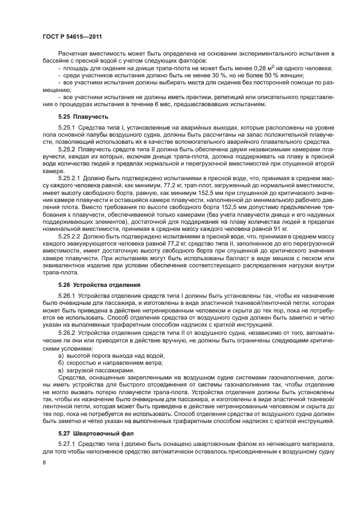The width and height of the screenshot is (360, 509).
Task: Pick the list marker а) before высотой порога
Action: (60, 355)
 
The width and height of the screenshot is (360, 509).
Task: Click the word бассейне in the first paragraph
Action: (59, 60)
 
